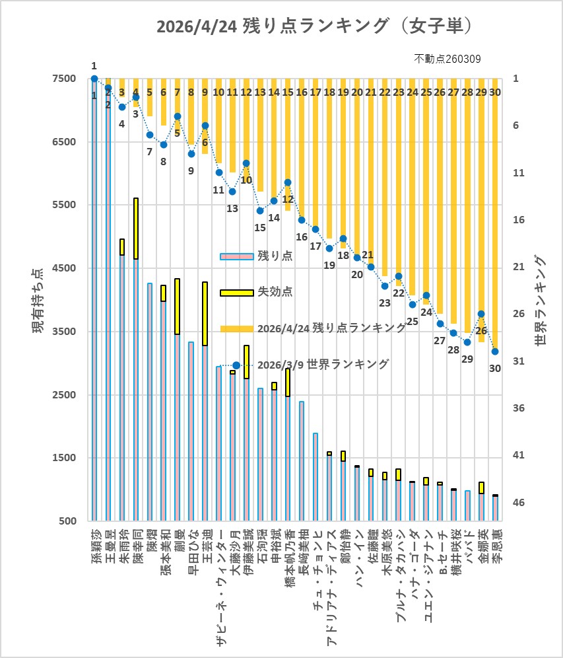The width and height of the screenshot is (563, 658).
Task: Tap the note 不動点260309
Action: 447,59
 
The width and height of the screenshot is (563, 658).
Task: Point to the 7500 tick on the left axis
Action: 64,79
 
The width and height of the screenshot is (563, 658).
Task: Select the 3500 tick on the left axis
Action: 64,332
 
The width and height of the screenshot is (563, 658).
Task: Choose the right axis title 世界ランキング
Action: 541,301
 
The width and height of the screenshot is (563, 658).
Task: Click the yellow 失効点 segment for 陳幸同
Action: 136,229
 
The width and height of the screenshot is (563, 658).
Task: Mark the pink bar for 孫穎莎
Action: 94,297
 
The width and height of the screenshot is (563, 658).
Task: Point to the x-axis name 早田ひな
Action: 191,547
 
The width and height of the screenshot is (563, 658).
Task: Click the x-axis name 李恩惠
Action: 495,547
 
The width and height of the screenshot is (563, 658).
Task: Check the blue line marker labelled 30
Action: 495,351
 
